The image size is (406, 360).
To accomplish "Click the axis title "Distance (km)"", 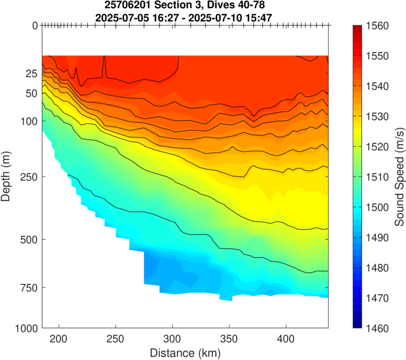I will point(185,351).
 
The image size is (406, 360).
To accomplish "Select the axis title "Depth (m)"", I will point(7,176).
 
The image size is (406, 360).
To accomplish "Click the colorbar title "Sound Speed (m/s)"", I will point(400,176).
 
